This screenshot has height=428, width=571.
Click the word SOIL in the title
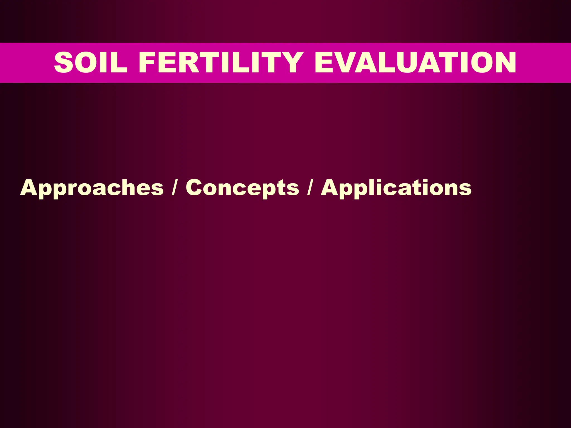pos(91,63)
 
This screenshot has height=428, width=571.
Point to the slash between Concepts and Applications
pos(309,187)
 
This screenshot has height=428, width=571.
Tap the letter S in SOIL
pos(64,63)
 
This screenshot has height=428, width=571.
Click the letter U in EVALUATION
pos(404,63)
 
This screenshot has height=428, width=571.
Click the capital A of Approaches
pos(29,188)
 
